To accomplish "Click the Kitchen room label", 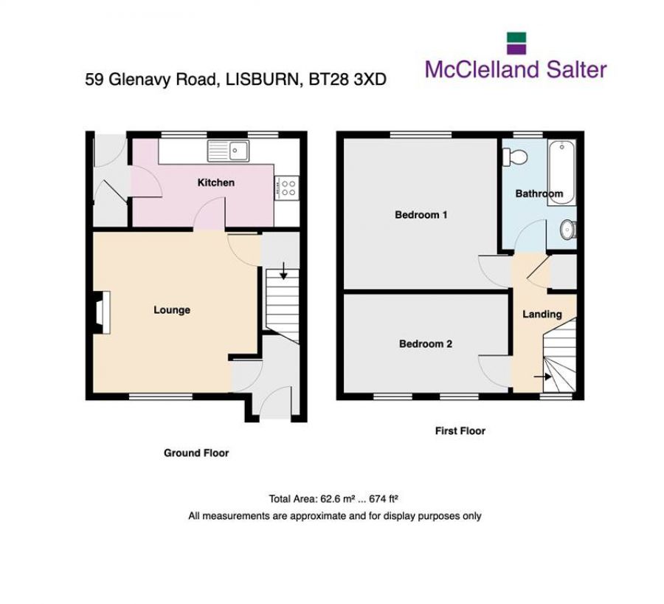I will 215,182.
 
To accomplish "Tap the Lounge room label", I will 172,310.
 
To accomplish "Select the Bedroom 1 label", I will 421,216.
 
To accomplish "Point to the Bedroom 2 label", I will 426,344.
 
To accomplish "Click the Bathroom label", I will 539,194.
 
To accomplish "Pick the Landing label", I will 542,315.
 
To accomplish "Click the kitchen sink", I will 230,151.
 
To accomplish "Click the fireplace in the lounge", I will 100,309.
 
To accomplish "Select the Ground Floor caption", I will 196,453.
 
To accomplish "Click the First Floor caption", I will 460,431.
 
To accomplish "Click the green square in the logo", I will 515,38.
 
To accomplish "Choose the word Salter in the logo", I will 573,69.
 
